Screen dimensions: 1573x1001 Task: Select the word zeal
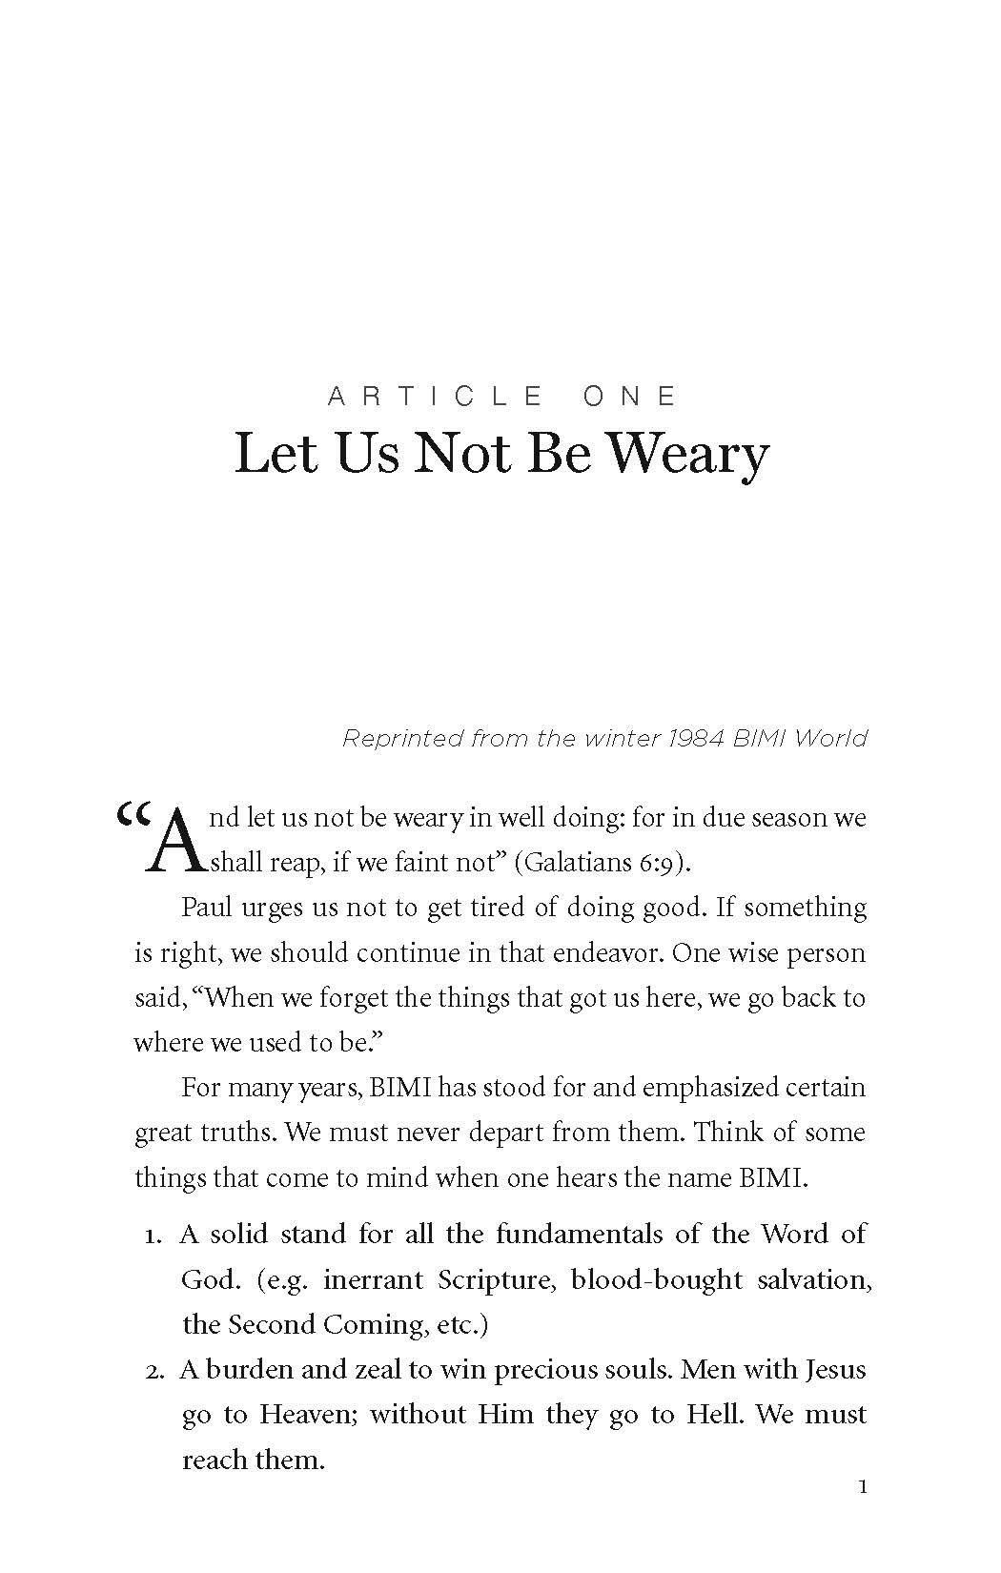(370, 1370)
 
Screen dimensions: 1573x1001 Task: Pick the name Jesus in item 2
(835, 1370)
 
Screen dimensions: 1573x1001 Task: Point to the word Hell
(713, 1415)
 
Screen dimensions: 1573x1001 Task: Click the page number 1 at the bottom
(863, 1487)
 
